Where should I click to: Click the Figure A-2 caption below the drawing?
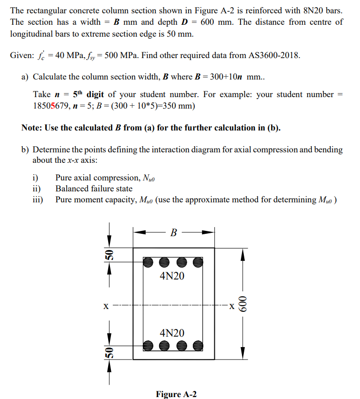(176, 394)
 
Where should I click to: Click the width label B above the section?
(174, 233)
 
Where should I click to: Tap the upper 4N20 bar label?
(172, 276)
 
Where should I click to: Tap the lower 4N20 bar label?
(172, 332)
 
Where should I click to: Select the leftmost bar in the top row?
(149, 261)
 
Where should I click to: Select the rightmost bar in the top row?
(198, 261)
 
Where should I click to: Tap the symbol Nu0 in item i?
(149, 178)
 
